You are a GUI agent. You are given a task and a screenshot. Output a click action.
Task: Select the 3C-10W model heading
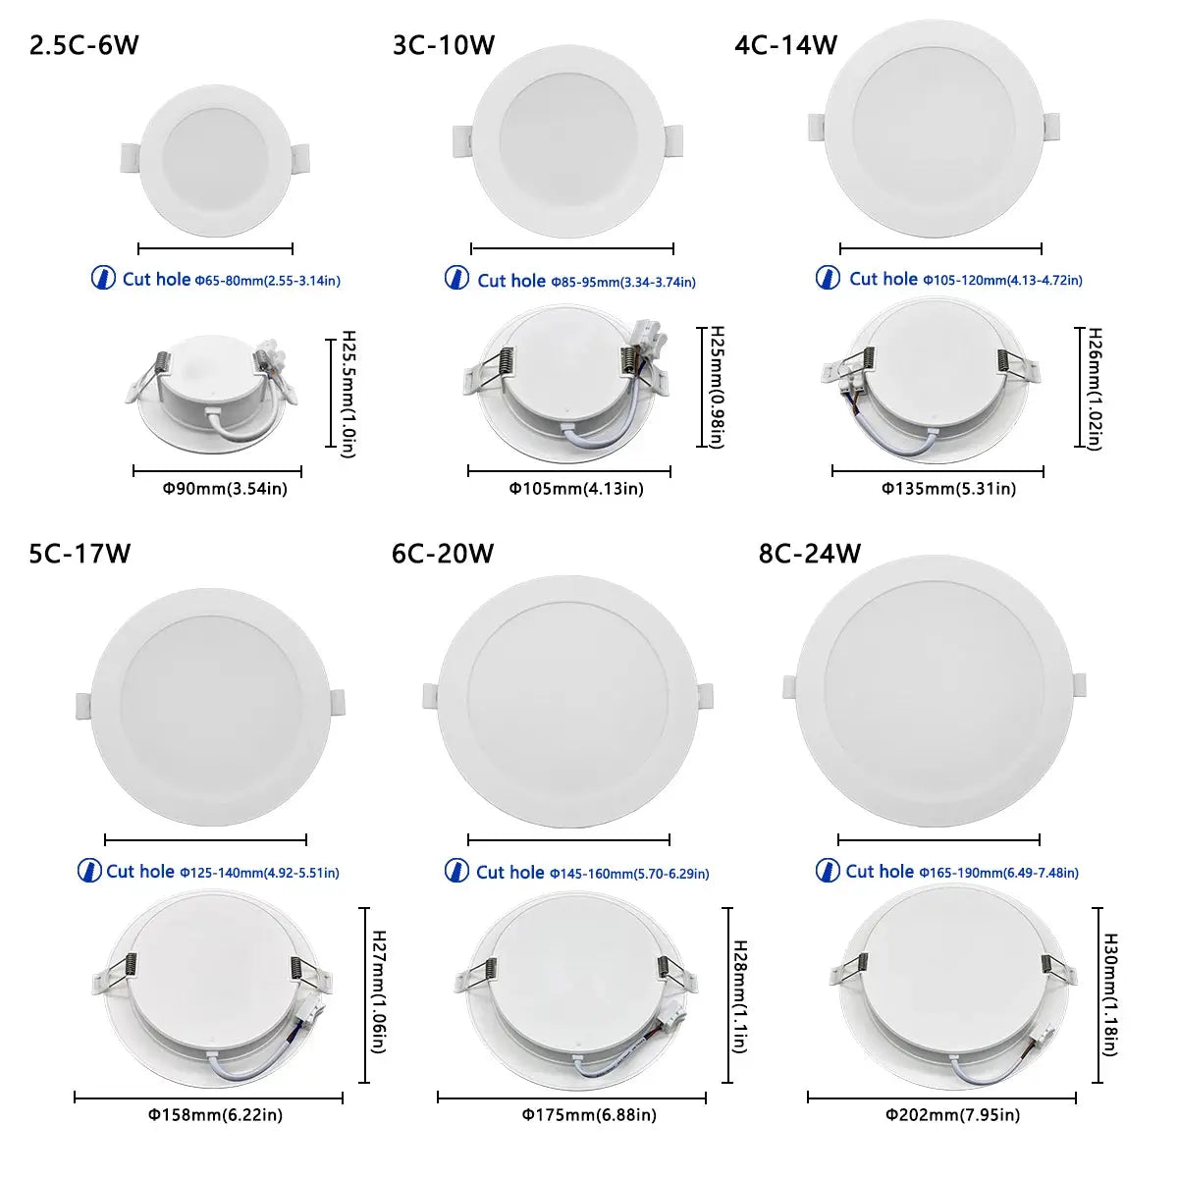coord(444,46)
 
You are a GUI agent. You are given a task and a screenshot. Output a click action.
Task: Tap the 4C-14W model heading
coord(785,45)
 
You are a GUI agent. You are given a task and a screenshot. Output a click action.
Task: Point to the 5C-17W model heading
coord(80,555)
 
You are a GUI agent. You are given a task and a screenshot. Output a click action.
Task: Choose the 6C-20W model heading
coord(443,554)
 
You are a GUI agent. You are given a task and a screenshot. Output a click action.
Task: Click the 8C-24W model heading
coord(810,554)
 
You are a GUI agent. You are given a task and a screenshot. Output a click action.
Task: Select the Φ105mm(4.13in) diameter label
coord(576,488)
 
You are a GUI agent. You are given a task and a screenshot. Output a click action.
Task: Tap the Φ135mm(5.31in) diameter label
coord(947,488)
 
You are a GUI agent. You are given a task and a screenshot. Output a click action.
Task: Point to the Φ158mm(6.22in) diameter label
coord(215,1114)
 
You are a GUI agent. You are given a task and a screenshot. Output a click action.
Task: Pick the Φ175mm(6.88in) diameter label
coord(588,1114)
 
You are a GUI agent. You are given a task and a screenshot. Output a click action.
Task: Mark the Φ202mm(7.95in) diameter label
coord(952,1114)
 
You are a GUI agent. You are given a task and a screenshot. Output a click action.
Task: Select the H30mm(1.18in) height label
coord(1110,994)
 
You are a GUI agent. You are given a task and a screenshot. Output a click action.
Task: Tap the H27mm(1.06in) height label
coord(378,993)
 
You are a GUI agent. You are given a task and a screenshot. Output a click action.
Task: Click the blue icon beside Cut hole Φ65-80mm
coord(103,278)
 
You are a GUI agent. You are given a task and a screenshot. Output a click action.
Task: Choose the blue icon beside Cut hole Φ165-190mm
coord(828,871)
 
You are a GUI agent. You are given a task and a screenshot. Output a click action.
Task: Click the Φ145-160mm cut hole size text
coord(628,874)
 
